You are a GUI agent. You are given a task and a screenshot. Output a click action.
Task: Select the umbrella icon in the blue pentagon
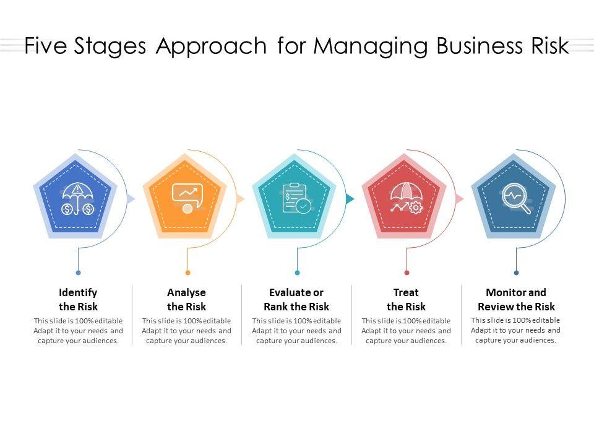click(x=77, y=199)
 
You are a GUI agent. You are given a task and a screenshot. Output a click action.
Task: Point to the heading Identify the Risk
click(x=78, y=299)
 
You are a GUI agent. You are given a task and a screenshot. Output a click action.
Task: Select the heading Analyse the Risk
click(x=186, y=299)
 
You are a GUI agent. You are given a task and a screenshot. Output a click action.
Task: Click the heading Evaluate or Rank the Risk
click(x=296, y=299)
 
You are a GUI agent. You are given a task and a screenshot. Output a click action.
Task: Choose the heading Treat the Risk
click(x=406, y=299)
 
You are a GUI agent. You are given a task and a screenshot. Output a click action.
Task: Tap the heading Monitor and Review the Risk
click(x=516, y=299)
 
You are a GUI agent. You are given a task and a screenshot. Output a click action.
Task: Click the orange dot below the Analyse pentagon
click(x=187, y=273)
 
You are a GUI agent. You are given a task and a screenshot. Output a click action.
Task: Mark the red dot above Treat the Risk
click(x=407, y=273)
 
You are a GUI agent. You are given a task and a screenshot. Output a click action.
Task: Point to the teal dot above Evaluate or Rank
click(x=297, y=273)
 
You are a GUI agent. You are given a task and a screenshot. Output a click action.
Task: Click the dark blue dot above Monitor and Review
click(x=516, y=273)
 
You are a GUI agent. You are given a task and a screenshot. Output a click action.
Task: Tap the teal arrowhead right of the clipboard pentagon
click(x=350, y=199)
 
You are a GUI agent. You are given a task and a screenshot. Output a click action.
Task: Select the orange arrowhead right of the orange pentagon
click(x=241, y=199)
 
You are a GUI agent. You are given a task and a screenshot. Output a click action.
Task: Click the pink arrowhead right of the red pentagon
click(x=460, y=199)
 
